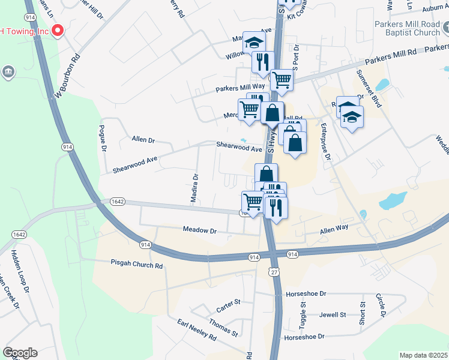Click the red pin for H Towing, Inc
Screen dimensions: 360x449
(x=58, y=31)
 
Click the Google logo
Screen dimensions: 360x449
(x=20, y=353)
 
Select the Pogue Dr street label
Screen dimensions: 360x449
(x=103, y=139)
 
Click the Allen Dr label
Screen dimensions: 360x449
(x=143, y=140)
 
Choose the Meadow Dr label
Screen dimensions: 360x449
(x=199, y=230)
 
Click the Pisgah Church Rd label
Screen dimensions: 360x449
(x=137, y=263)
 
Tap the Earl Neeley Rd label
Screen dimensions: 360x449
(x=196, y=331)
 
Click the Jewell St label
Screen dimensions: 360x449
(x=333, y=314)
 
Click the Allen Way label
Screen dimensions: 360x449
(x=334, y=229)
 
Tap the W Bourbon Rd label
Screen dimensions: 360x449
(x=67, y=77)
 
